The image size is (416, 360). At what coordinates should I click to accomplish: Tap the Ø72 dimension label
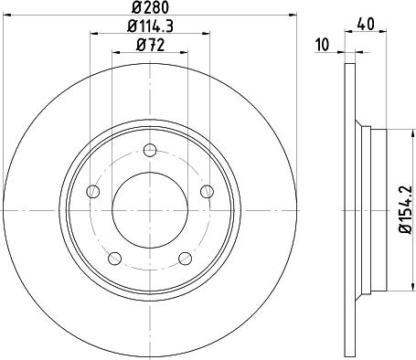(x=150, y=45)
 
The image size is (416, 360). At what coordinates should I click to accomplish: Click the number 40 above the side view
(x=366, y=24)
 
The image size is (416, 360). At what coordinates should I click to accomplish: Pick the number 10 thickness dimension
(x=321, y=43)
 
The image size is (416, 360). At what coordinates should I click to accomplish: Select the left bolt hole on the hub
(x=92, y=192)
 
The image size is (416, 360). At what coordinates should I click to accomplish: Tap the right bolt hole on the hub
(x=207, y=192)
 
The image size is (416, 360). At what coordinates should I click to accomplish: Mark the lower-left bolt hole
(x=114, y=259)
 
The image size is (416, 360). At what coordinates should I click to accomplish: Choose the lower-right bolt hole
(x=186, y=259)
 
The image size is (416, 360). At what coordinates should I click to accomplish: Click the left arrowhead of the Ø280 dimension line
(x=5, y=16)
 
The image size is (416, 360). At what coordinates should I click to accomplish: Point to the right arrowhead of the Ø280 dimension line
(x=294, y=16)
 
